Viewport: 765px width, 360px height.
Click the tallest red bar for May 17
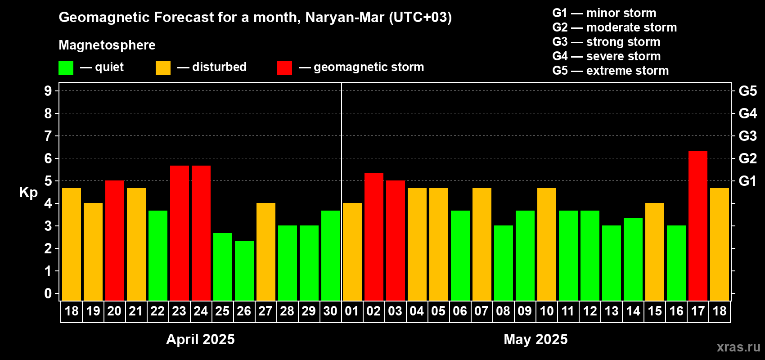698,225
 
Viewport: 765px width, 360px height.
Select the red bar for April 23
180,233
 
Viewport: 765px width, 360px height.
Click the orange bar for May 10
547,244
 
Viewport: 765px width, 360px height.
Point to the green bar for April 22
158,255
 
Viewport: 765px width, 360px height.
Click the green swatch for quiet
66,68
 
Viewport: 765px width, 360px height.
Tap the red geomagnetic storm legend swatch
284,68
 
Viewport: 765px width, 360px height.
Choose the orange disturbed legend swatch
163,68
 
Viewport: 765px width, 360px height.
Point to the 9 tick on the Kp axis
48,91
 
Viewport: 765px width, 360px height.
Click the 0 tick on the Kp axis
48,294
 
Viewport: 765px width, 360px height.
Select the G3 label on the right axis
747,136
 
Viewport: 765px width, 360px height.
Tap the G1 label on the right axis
747,181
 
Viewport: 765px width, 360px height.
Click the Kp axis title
28,193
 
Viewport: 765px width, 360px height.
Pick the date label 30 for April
330,311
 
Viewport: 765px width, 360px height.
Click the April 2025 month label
200,339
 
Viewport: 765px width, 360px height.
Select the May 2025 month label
535,339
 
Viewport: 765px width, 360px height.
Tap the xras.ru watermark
738,347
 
